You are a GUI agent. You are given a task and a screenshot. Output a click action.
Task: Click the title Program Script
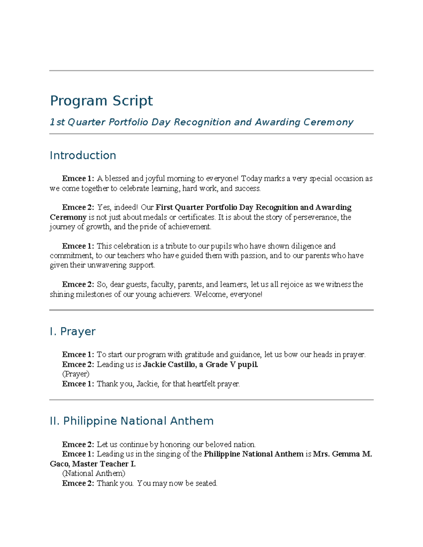[x=101, y=101]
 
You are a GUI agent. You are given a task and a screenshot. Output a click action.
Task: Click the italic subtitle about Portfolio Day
[x=201, y=122]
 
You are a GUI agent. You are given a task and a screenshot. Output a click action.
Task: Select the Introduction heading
[x=83, y=155]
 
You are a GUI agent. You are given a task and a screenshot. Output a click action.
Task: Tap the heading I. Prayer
[x=73, y=331]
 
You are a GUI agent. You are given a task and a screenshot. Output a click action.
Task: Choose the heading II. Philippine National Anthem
[x=131, y=421]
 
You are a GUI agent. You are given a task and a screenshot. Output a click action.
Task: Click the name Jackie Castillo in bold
[x=169, y=365]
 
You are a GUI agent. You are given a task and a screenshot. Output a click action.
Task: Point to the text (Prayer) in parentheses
[x=75, y=374]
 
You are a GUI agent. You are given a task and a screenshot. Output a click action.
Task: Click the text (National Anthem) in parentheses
[x=93, y=473]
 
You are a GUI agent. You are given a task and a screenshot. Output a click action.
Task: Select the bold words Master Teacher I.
[x=104, y=464]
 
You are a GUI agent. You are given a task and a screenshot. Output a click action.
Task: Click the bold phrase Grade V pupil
[x=232, y=365]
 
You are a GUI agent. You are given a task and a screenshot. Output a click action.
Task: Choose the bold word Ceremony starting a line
[x=68, y=217]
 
